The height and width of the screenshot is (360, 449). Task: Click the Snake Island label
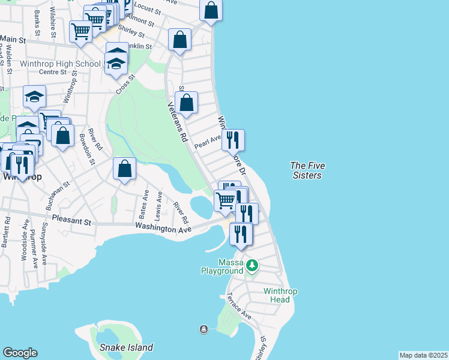(126, 347)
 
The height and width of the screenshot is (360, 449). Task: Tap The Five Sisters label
(306, 170)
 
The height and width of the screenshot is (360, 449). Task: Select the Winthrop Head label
(280, 296)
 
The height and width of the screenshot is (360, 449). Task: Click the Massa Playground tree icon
(253, 264)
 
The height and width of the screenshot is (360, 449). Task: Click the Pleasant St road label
(71, 221)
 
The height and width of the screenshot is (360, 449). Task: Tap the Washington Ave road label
(163, 228)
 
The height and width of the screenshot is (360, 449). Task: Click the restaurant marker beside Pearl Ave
(233, 140)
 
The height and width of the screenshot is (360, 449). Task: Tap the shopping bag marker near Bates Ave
(124, 169)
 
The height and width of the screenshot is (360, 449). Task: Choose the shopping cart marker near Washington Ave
(225, 200)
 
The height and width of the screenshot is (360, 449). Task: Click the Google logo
(20, 353)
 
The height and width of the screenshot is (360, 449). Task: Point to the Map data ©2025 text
(423, 355)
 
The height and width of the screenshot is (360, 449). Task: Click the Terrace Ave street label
(238, 305)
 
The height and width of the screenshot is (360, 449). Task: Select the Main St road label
(13, 39)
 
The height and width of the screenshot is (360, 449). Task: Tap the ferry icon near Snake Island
(204, 329)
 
